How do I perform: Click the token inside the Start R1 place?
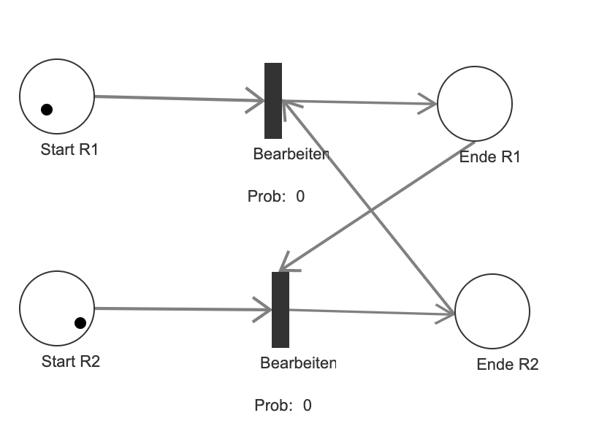[47, 110]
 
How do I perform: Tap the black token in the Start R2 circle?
[80, 322]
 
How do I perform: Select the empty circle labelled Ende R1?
[475, 104]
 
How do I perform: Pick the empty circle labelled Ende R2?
[492, 312]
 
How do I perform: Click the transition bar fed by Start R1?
[273, 100]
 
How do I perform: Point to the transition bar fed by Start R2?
[281, 309]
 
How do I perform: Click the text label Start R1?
[69, 151]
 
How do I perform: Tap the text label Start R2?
[70, 361]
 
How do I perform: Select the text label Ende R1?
[489, 157]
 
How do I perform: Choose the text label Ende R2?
[507, 365]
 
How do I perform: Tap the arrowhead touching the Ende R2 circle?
[446, 315]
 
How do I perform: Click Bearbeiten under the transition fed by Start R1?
[291, 154]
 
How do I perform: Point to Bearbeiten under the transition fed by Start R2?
[298, 363]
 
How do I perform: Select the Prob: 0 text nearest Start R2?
[283, 405]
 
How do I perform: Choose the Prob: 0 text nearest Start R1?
[275, 196]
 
